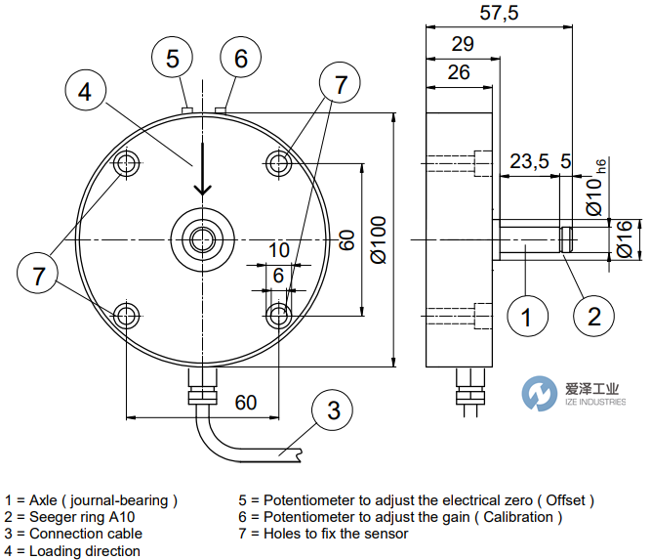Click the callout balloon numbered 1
coord(526,317)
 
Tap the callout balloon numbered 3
coord(334,410)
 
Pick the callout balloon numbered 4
coord(86,92)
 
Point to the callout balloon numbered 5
coord(173,59)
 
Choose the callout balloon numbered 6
coord(240,59)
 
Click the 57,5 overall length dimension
coord(499,13)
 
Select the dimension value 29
coord(464,43)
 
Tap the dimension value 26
coord(460,71)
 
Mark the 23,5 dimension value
coord(527,161)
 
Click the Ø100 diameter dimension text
coord(380,238)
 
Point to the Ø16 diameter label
coord(626,238)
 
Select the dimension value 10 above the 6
coord(279,251)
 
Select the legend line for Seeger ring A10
coord(69,517)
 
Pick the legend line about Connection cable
coord(73,534)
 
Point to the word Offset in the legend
coord(559,500)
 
